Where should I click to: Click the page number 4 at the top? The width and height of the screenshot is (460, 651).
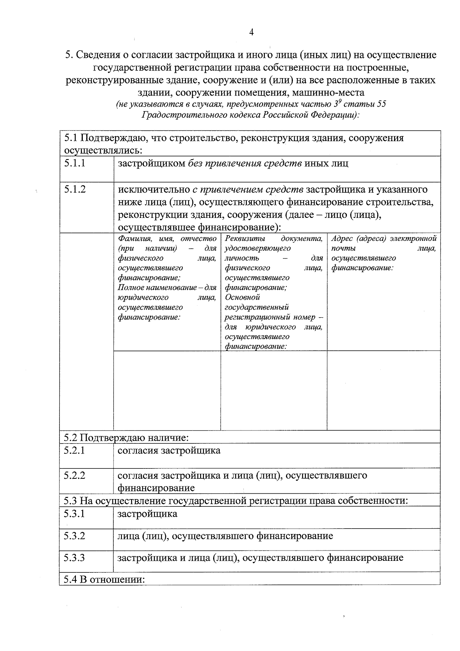(251, 33)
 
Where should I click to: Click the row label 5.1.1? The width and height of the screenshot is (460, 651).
(75, 163)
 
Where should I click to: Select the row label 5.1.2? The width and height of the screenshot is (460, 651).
(75, 190)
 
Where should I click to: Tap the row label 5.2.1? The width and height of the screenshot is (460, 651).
(74, 450)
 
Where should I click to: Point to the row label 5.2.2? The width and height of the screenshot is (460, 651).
(74, 476)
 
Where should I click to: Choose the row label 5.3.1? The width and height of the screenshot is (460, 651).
(74, 514)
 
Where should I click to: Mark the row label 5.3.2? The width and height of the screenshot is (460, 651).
(74, 536)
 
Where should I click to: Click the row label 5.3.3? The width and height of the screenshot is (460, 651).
(74, 558)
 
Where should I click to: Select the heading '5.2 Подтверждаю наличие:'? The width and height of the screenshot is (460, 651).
(127, 438)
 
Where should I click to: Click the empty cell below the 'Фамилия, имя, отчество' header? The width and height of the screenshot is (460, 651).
(167, 390)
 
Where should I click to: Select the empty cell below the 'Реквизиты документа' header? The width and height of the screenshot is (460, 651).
(274, 390)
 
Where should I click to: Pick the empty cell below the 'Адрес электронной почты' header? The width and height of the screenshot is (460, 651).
(383, 390)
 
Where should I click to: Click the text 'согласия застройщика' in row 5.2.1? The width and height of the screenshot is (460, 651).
(169, 450)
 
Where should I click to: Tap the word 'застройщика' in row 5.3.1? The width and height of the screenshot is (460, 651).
(148, 514)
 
